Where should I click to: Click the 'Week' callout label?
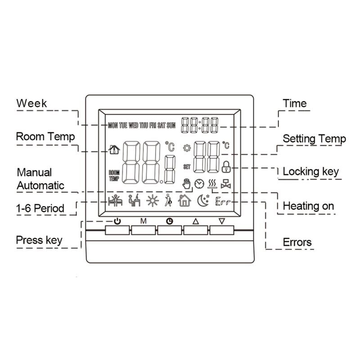coord(31,103)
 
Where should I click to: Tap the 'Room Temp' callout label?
coord(45,136)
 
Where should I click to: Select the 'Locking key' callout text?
coord(310,171)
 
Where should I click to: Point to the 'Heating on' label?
coord(308,206)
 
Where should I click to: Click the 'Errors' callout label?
coord(297,242)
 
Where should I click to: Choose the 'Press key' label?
coord(39,240)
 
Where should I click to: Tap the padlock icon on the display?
coord(226,166)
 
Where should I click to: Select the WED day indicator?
coord(133,126)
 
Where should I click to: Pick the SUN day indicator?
coord(171,126)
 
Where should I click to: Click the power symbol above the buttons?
coord(117,221)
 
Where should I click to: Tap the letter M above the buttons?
coord(144,221)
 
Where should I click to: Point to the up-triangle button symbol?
coord(195,221)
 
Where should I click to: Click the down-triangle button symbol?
coord(221,221)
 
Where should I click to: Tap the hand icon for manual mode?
coord(185,184)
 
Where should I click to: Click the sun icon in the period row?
coord(152,201)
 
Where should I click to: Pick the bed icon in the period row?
coord(116,201)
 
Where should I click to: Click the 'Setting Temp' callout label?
coord(314,139)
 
